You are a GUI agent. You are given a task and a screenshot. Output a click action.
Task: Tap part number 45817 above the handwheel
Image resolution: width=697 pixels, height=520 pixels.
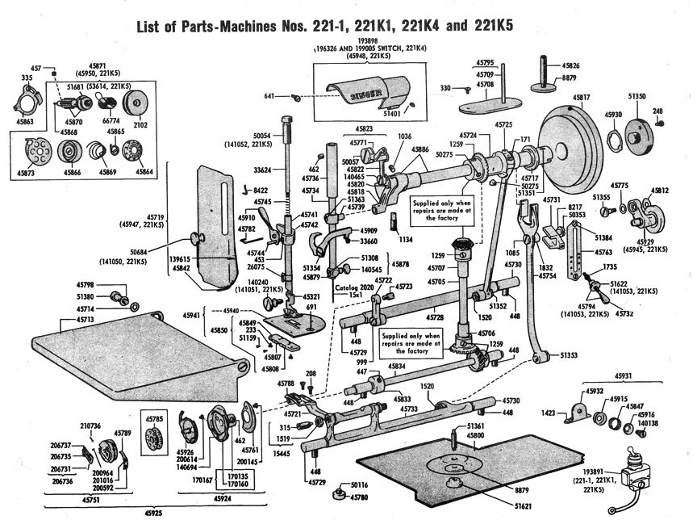582,97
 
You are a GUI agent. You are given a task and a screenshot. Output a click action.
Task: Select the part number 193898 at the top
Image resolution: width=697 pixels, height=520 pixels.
367,40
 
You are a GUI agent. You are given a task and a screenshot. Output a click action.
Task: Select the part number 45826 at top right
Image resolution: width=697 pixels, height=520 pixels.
571,65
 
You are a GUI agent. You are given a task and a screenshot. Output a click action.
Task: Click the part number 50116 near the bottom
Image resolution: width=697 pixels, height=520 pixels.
358,484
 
